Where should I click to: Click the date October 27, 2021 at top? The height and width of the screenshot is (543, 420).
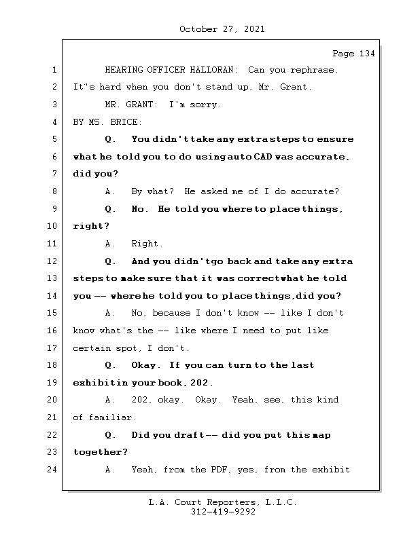point(222,29)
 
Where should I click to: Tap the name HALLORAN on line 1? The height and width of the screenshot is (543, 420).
point(211,70)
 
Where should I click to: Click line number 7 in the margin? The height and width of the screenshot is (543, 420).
point(54,174)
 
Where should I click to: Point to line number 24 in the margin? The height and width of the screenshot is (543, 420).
point(52,469)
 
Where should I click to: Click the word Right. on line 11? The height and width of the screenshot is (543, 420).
point(147,244)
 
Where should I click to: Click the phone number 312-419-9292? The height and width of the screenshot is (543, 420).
point(223,512)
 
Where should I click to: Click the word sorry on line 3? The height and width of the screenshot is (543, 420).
point(208,105)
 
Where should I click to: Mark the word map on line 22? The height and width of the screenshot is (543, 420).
point(321,435)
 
